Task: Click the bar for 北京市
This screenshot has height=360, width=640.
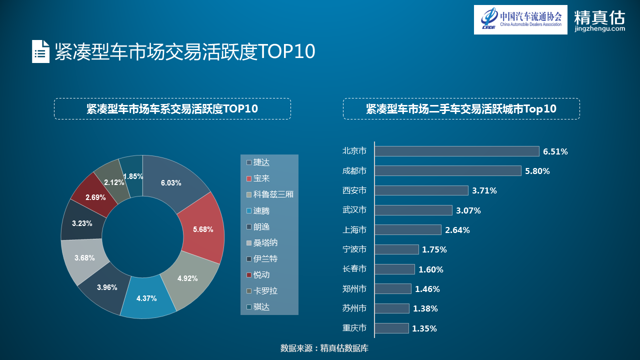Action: click(456, 151)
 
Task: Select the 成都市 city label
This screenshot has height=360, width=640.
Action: click(354, 171)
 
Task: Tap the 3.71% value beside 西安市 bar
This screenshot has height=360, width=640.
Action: click(483, 190)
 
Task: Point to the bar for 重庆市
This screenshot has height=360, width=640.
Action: click(391, 328)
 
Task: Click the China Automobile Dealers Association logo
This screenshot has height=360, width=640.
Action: click(520, 20)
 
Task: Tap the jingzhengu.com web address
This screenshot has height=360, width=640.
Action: click(599, 29)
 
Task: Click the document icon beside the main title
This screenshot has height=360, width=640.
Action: click(40, 51)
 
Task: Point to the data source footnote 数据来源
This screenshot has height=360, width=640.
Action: click(324, 348)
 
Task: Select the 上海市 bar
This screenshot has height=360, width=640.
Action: click(408, 230)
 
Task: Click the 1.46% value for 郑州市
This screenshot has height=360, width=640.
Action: click(427, 289)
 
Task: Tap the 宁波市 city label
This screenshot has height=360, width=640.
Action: click(354, 249)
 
